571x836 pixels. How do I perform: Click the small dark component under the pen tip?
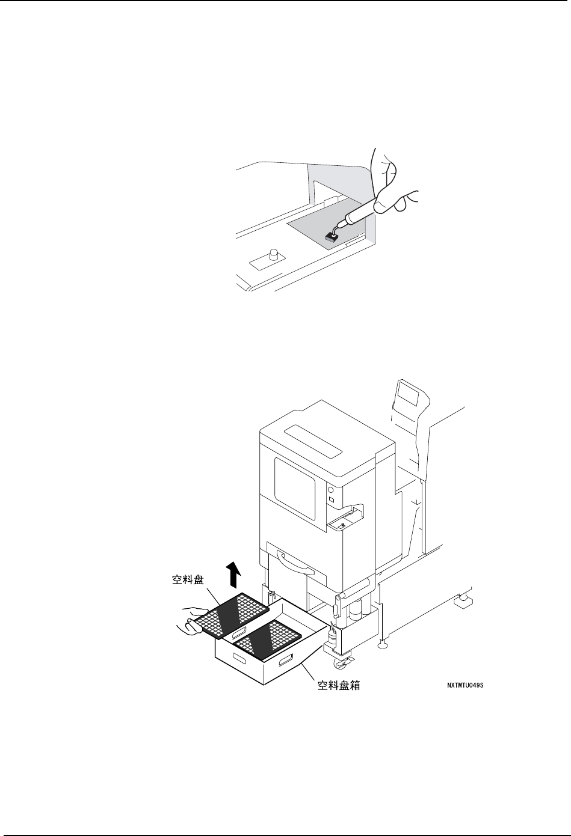[330, 236]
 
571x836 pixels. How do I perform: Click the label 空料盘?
[186, 581]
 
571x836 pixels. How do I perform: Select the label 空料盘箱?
[339, 685]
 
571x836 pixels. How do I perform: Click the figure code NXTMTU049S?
[465, 685]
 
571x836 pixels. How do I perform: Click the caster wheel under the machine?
[341, 664]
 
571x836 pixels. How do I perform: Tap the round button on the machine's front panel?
[330, 490]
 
